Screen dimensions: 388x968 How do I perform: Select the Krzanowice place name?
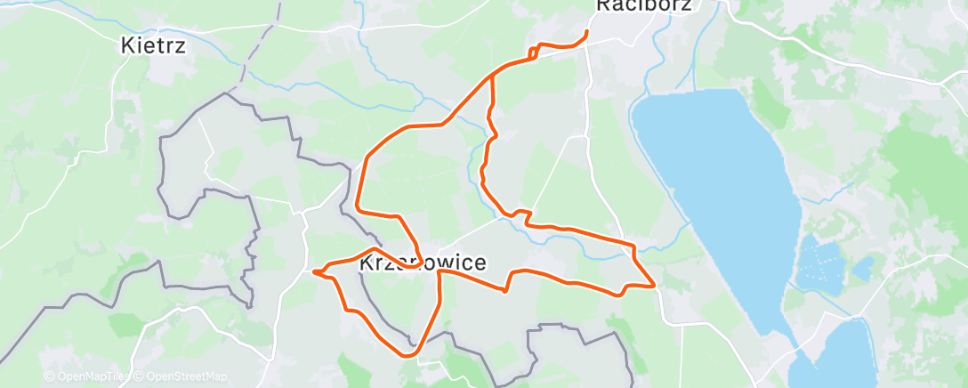423,263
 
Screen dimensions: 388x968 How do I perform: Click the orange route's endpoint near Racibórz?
586,33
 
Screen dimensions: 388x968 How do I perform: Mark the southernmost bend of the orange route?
407,355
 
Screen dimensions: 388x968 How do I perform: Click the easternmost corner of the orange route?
656,286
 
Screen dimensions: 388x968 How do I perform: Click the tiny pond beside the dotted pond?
861,267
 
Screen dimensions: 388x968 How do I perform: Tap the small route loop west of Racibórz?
534,53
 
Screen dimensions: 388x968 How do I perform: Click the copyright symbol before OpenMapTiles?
49,376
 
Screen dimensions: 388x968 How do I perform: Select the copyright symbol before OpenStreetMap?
138,376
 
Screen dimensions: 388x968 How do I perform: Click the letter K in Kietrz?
127,45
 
